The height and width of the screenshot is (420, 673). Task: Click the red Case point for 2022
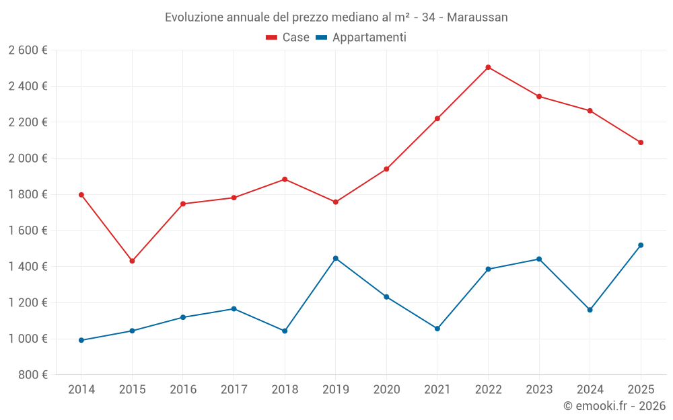click(x=488, y=67)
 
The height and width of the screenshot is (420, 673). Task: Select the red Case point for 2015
click(x=132, y=261)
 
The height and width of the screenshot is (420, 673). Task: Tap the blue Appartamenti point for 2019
click(x=335, y=258)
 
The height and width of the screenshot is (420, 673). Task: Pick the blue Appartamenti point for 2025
click(x=641, y=245)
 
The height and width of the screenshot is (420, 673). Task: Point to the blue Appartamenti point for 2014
click(x=81, y=340)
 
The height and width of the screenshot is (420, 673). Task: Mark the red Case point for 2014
click(x=81, y=195)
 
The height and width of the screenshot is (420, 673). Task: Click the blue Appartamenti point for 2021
click(x=437, y=329)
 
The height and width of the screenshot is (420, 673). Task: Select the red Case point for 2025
click(x=641, y=142)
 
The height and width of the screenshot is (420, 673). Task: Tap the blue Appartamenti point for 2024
click(x=590, y=310)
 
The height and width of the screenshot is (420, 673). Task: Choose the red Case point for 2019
click(x=335, y=202)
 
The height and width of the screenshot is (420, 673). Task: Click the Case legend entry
click(x=288, y=38)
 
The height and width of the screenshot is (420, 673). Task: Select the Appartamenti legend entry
click(x=361, y=38)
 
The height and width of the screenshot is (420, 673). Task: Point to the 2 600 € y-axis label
click(x=28, y=50)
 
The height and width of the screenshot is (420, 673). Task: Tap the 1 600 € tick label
click(x=28, y=230)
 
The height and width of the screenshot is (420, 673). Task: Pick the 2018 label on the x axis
click(x=285, y=390)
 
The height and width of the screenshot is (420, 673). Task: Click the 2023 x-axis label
click(x=539, y=390)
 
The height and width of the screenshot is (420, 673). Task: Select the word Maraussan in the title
click(x=477, y=17)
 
